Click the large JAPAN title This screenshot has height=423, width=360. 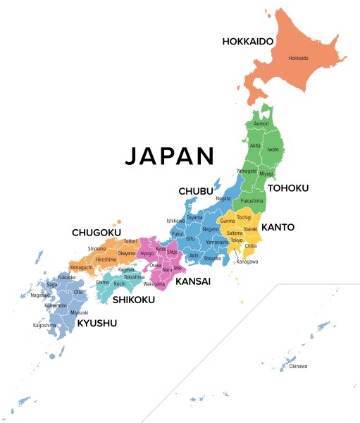pos(169,156)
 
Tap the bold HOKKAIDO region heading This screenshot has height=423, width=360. pos(247,42)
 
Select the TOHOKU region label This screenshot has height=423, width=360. pos(287,188)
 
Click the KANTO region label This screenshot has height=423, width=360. pos(278,228)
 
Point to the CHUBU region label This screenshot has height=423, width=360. pos(197,191)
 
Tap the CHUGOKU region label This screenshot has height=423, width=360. pos(97,232)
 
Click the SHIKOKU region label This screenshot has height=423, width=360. pos(133,299)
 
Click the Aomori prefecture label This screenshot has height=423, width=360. pos(261,123)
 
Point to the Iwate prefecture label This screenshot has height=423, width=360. pos(274,149)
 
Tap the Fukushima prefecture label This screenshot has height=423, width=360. pos(251,201)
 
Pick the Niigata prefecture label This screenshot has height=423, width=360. pos(223,199)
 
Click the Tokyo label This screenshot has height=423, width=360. pos(236,240)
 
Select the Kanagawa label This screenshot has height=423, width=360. pos(247,262)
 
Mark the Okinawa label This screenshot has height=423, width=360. pos(298,366)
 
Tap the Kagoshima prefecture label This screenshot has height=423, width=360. pos(44,326)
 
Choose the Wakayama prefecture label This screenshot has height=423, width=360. pos(154,283)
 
